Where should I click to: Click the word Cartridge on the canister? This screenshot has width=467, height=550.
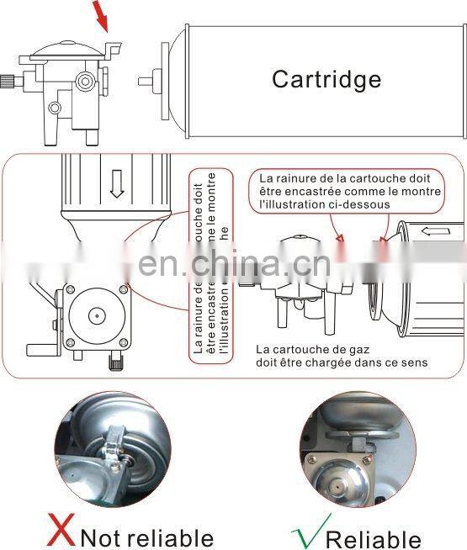coord(326,79)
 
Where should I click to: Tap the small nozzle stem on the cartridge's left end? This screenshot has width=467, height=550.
coord(146,82)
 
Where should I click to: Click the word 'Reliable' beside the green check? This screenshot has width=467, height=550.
coord(373,538)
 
